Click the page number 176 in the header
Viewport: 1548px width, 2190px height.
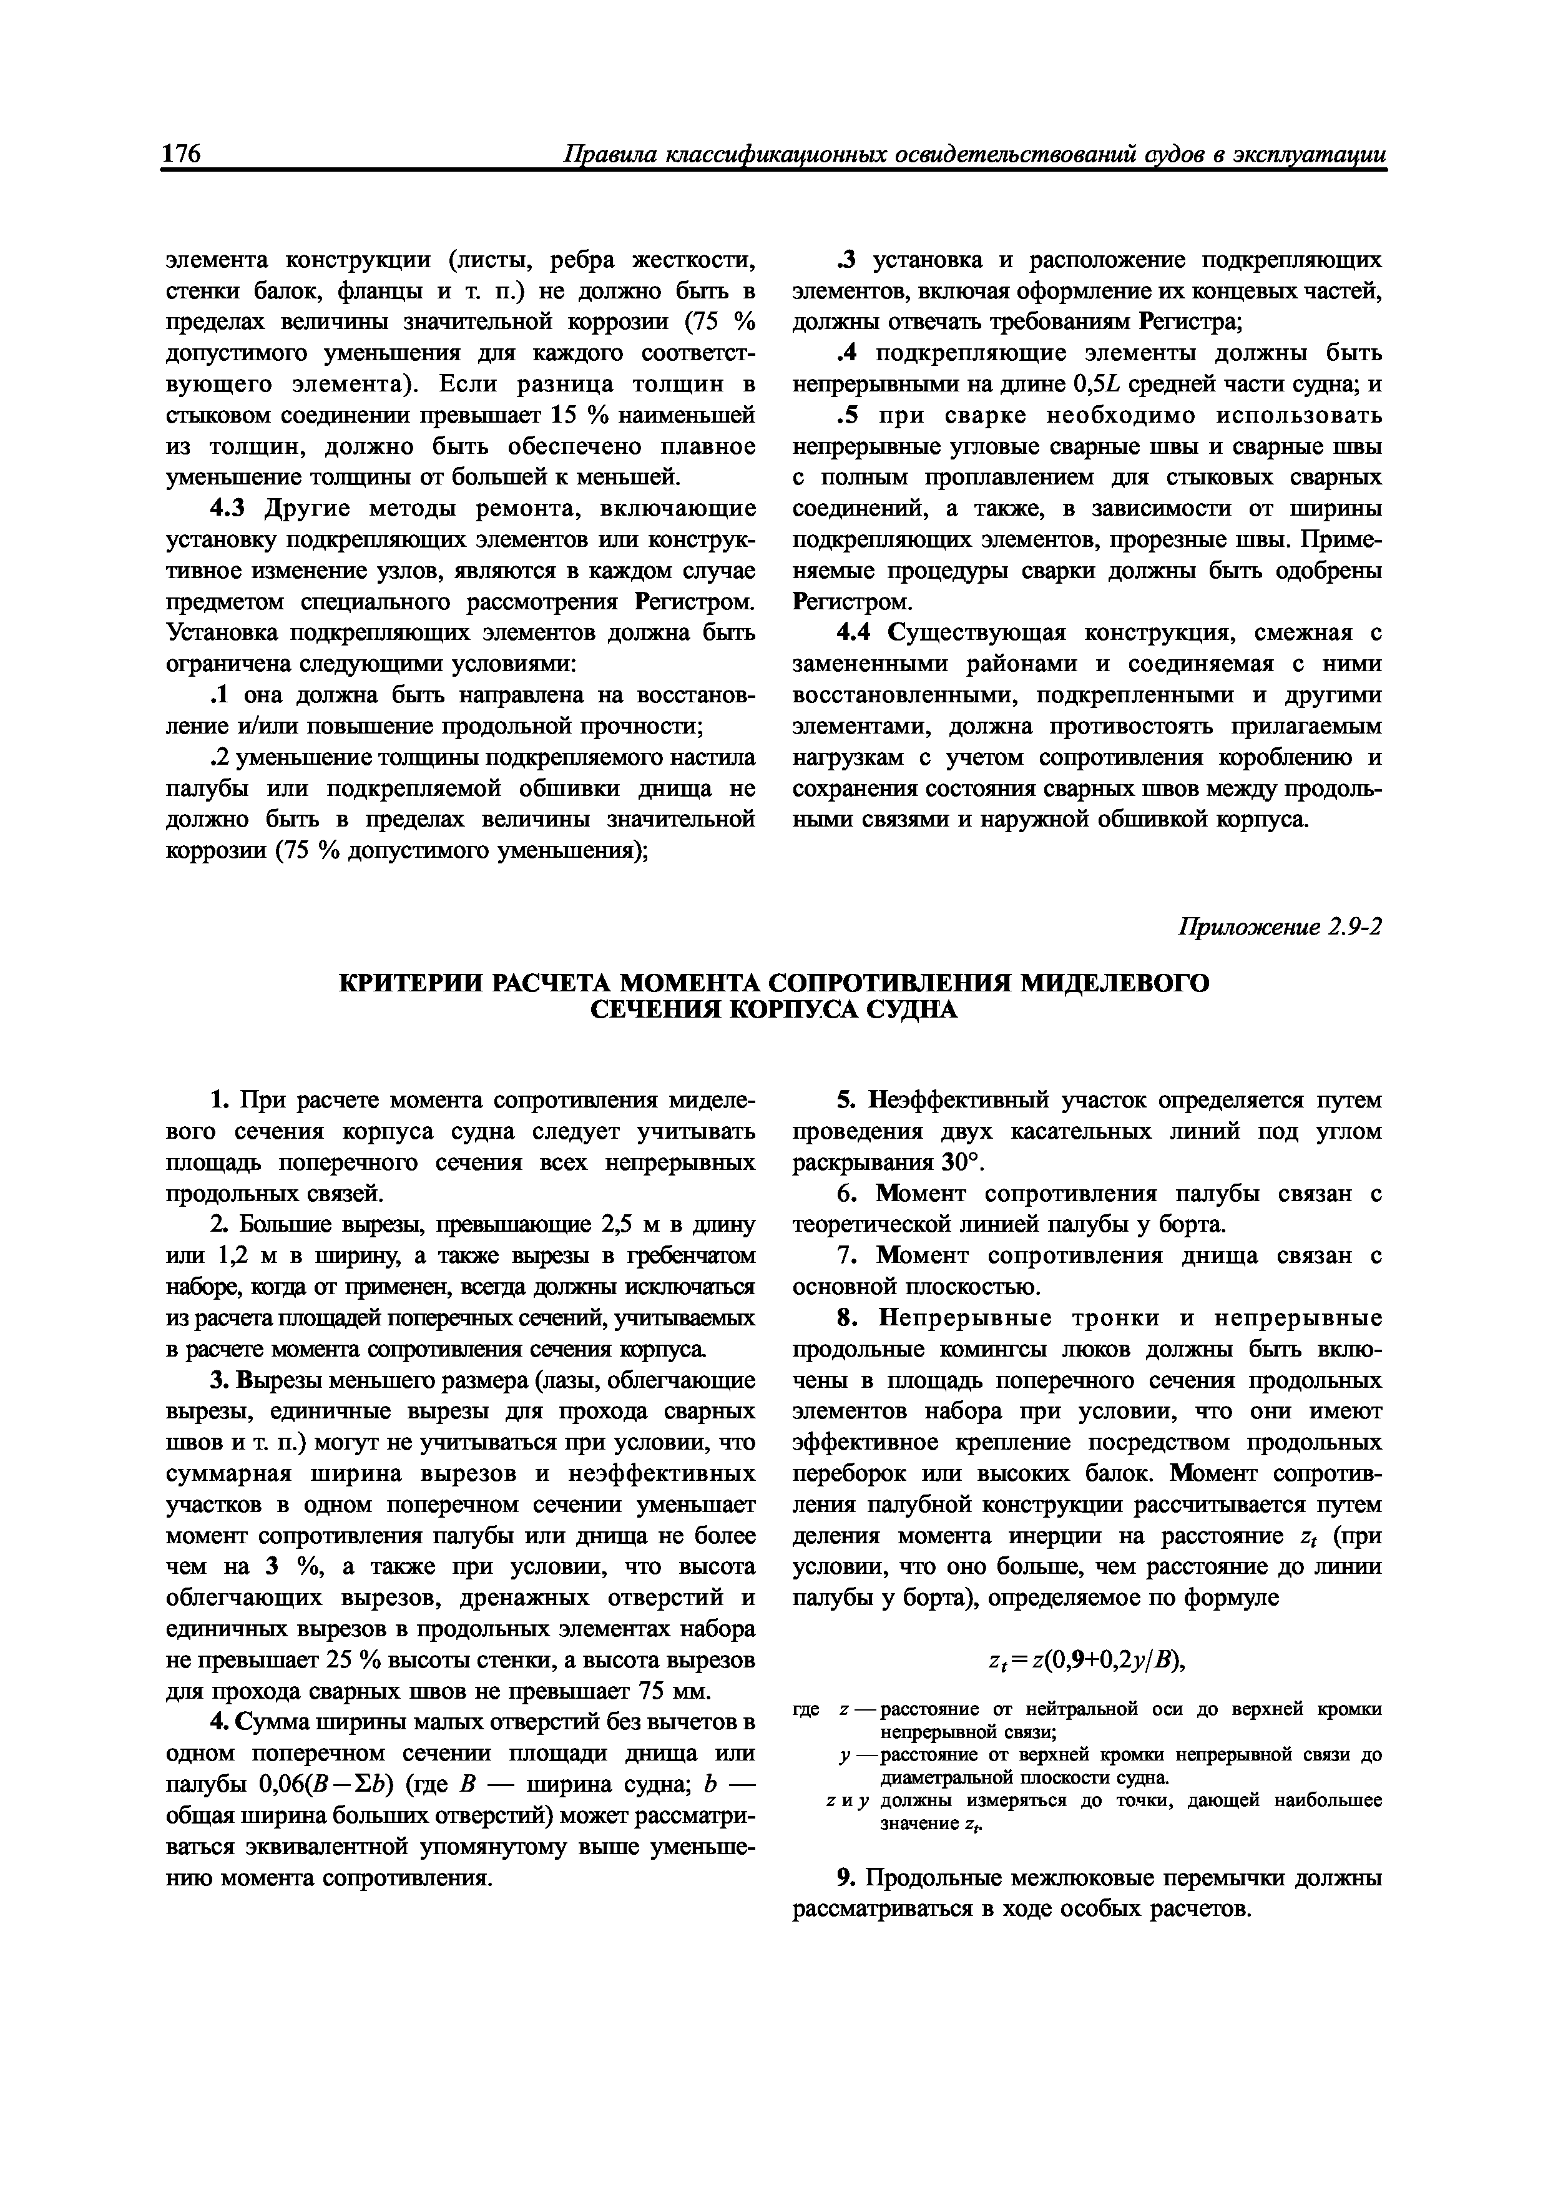181,155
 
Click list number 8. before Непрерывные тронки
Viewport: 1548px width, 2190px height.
846,1319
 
